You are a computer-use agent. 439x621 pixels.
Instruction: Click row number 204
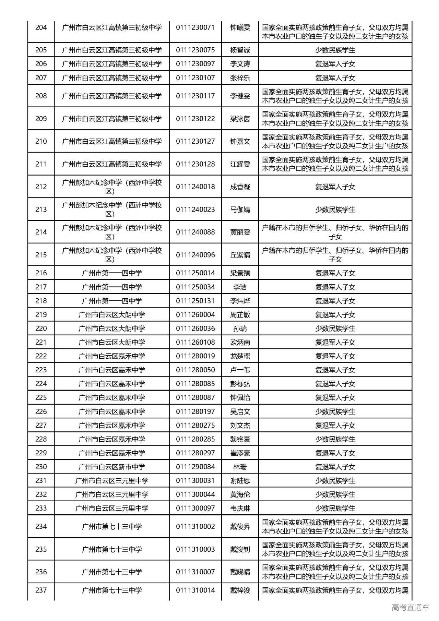(x=41, y=27)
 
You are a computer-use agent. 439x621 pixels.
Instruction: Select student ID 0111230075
(x=195, y=50)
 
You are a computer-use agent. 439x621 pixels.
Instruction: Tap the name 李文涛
(x=240, y=64)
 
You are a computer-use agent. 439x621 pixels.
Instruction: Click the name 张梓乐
(x=240, y=78)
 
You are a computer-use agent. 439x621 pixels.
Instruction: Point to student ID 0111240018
(x=195, y=187)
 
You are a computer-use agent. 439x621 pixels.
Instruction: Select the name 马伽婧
(x=240, y=210)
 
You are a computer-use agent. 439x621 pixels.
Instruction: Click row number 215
(x=41, y=255)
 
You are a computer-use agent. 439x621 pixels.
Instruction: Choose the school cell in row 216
(x=112, y=273)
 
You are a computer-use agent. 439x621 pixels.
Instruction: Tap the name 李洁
(x=240, y=287)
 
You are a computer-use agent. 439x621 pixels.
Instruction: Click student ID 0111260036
(x=195, y=329)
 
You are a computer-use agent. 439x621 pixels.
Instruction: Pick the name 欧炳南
(x=240, y=342)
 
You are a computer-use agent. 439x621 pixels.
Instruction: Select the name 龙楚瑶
(x=240, y=356)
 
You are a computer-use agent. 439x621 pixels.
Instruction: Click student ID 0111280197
(x=195, y=411)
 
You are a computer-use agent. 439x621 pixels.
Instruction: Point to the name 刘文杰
(x=240, y=425)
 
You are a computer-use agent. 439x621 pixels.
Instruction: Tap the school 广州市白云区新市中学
(x=112, y=467)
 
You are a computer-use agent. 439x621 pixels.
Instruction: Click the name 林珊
(x=240, y=467)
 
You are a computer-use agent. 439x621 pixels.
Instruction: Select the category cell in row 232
(x=335, y=494)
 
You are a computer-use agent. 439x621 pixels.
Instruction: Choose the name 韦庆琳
(x=240, y=508)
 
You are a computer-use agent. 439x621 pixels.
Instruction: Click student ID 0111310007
(x=195, y=572)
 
